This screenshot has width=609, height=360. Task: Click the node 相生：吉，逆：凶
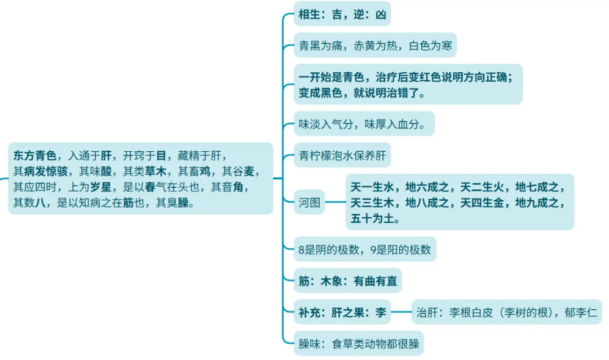[x=342, y=15]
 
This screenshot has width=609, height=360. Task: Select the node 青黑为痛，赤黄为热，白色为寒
[x=375, y=45]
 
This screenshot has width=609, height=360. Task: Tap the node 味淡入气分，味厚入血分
[x=365, y=123]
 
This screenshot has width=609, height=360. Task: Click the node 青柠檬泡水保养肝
[x=342, y=155]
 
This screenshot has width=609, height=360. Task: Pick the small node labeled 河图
[x=310, y=203]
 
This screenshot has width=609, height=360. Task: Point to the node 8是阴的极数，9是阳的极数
[x=365, y=249]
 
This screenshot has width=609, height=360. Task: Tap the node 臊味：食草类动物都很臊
[x=359, y=343]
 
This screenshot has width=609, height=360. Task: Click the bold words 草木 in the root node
[x=157, y=171]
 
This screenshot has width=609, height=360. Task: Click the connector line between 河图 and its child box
[x=336, y=202]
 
